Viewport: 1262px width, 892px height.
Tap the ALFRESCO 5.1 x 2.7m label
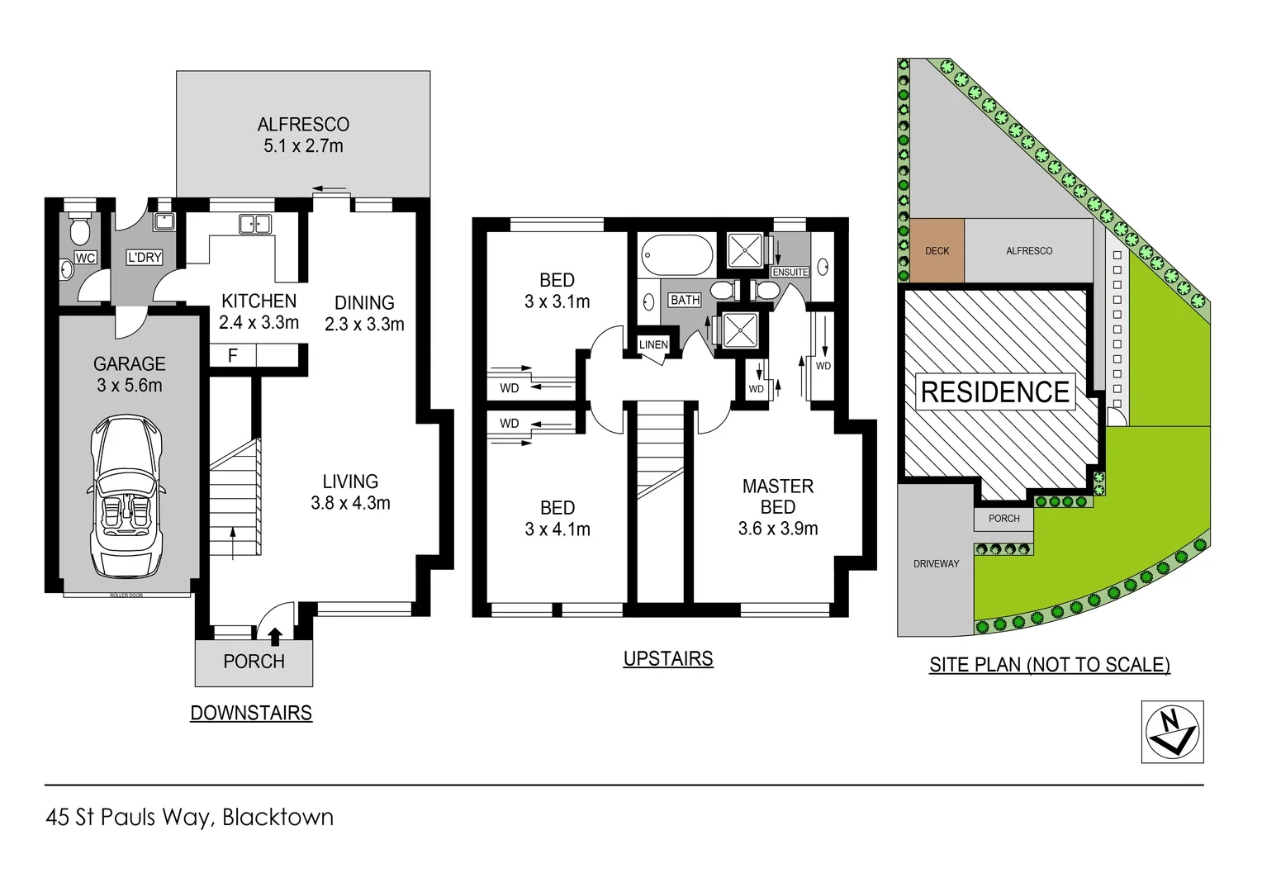click(303, 135)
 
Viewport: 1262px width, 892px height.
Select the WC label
click(85, 258)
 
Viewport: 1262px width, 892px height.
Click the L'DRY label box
click(145, 258)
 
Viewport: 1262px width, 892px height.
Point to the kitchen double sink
click(255, 224)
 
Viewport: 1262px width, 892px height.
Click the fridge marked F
click(233, 355)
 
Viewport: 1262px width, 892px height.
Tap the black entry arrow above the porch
click(275, 635)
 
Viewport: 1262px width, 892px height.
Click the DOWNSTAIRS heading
click(251, 713)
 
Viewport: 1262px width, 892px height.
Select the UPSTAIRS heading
click(668, 658)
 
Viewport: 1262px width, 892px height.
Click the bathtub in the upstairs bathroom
click(677, 254)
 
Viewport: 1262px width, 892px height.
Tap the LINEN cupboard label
click(653, 344)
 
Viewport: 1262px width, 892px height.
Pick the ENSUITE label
click(790, 272)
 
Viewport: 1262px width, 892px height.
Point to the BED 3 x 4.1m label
click(557, 518)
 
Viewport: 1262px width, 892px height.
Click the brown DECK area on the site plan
click(937, 250)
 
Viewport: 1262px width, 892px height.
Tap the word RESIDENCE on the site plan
click(995, 392)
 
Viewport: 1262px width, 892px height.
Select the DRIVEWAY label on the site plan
click(937, 563)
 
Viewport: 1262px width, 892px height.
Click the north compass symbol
click(1172, 732)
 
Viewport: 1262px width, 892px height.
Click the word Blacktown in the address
click(278, 817)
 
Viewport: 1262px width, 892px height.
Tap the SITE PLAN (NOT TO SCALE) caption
click(1049, 665)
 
